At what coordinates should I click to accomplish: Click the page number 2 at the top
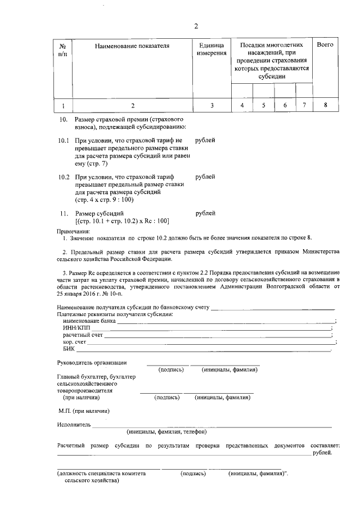196,26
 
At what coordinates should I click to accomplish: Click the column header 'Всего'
325,44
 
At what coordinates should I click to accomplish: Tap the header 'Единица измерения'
211,49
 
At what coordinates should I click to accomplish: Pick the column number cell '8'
325,105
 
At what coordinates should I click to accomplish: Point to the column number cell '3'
211,105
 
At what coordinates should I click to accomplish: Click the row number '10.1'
64,140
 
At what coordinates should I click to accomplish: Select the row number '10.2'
64,177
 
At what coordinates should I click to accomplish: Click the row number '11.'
64,214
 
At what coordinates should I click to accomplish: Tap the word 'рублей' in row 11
205,214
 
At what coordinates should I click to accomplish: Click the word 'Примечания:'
73,231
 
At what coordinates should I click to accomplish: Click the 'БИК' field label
69,349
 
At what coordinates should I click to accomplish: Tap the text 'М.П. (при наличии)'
84,411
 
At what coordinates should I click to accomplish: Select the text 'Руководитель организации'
92,363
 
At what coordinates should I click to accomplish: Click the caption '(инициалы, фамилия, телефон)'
167,432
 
